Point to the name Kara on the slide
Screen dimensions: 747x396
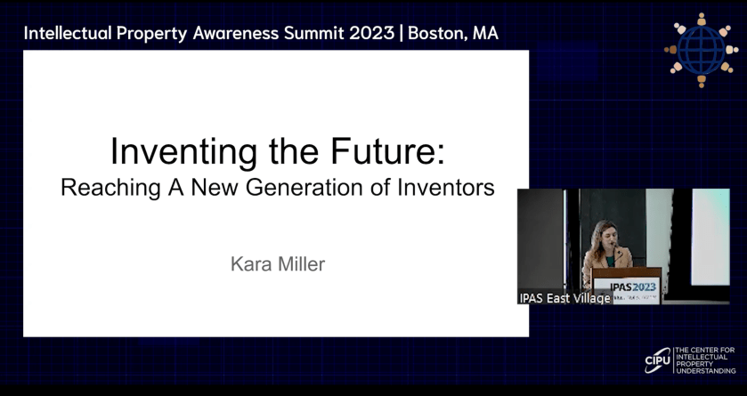pyautogui.click(x=250, y=263)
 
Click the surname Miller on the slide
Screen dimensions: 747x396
pyautogui.click(x=301, y=263)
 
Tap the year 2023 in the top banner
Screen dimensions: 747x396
pyautogui.click(x=371, y=33)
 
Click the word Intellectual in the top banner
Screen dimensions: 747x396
pyautogui.click(x=68, y=33)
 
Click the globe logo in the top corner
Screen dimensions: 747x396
pyautogui.click(x=702, y=50)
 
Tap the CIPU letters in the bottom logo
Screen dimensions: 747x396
pyautogui.click(x=657, y=360)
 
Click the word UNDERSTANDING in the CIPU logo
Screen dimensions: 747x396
pyautogui.click(x=705, y=371)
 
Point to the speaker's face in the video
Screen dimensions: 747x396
pyautogui.click(x=603, y=237)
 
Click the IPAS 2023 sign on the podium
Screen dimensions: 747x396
pyautogui.click(x=633, y=287)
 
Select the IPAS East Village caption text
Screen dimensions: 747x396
pyautogui.click(x=565, y=298)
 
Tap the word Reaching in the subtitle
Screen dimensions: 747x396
pyautogui.click(x=110, y=188)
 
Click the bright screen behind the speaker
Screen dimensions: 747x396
pyautogui.click(x=710, y=237)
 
